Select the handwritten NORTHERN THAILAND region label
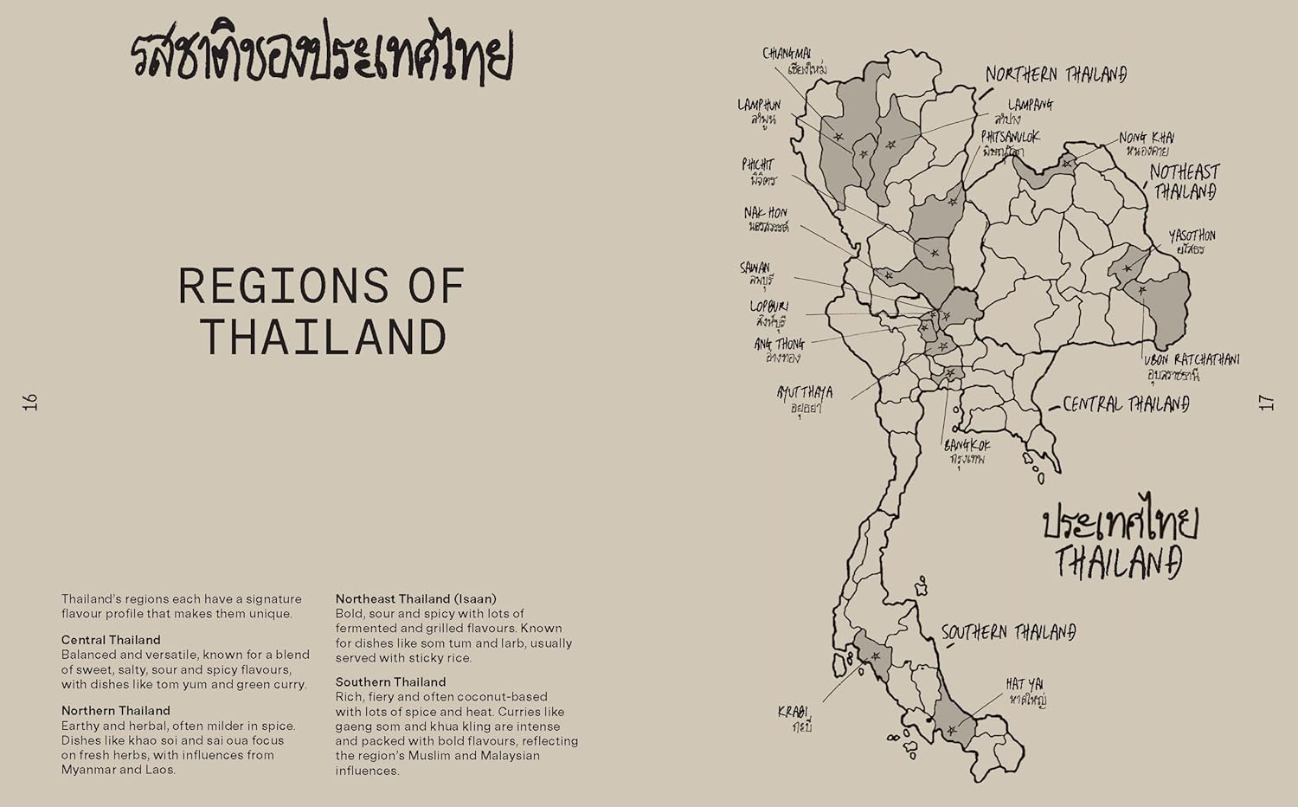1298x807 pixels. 1056,74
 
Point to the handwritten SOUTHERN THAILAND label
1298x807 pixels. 1008,633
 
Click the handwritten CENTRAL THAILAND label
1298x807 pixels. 1125,404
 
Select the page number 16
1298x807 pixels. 31,402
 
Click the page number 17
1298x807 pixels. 1266,402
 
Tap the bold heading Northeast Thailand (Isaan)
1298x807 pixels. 415,598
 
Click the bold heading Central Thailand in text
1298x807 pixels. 111,640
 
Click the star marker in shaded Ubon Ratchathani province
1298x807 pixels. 1141,291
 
